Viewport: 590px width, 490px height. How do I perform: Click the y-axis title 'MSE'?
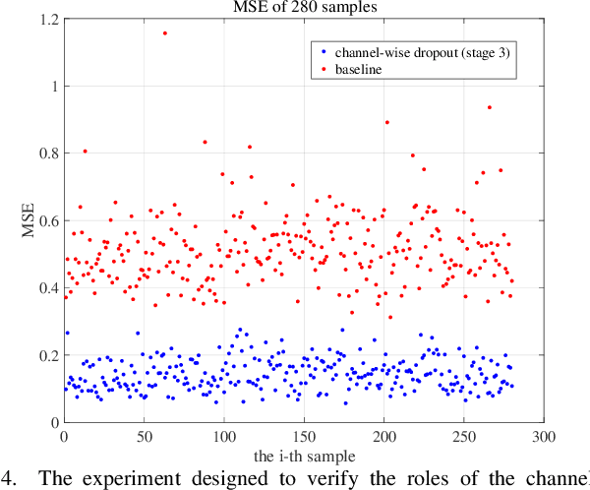pyautogui.click(x=29, y=220)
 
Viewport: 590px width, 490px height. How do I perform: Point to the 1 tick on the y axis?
pyautogui.click(x=53, y=86)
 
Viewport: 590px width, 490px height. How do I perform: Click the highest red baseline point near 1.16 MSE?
pyautogui.click(x=164, y=32)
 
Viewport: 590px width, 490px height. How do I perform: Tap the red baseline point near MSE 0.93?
pyautogui.click(x=489, y=107)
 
